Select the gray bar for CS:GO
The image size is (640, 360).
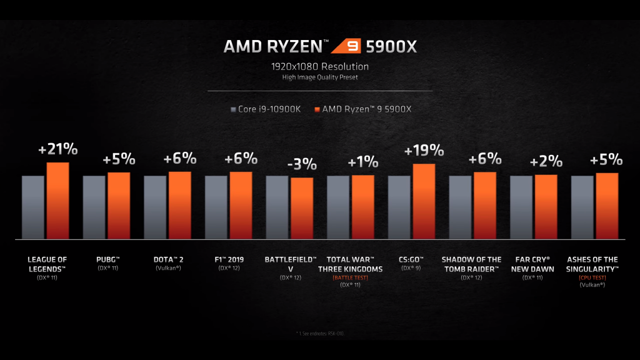(399, 207)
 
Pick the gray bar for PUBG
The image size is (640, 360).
(94, 207)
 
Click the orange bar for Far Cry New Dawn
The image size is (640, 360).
(546, 206)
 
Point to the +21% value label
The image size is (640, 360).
(57, 149)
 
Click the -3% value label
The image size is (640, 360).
(302, 165)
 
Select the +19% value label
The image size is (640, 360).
(424, 151)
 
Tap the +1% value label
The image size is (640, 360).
(362, 162)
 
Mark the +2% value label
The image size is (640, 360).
(546, 162)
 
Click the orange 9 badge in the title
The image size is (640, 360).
(344, 46)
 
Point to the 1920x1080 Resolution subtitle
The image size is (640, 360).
(319, 66)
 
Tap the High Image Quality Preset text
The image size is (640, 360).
(319, 77)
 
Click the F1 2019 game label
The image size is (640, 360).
(229, 259)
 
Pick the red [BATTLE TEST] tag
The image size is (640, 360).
(350, 276)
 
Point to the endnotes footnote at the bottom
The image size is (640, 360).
(319, 333)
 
